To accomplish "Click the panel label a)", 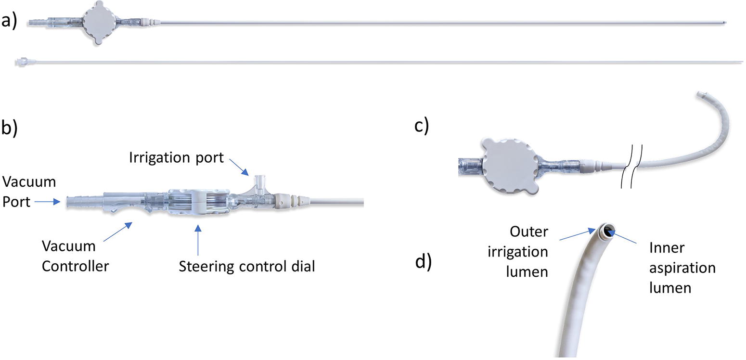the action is (x=9, y=21).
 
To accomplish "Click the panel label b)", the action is (x=9, y=128).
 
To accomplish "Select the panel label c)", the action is (x=422, y=126).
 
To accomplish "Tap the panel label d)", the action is (x=423, y=262).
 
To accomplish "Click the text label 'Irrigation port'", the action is (x=176, y=157).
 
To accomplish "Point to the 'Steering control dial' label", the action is (x=247, y=267).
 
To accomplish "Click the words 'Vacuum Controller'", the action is (x=75, y=256).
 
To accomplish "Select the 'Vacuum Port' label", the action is (x=29, y=192).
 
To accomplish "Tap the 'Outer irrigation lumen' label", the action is (x=518, y=251).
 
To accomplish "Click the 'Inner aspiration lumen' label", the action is (x=682, y=268).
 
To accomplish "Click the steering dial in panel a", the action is (x=99, y=23).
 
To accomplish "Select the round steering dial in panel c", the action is (x=509, y=166).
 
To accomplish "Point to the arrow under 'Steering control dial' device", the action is (x=198, y=240).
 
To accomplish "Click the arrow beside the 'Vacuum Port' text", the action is (x=47, y=202).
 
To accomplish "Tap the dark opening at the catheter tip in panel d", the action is (x=608, y=231).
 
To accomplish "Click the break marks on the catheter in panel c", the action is (x=631, y=166).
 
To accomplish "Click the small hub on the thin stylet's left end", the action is (x=22, y=62).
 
